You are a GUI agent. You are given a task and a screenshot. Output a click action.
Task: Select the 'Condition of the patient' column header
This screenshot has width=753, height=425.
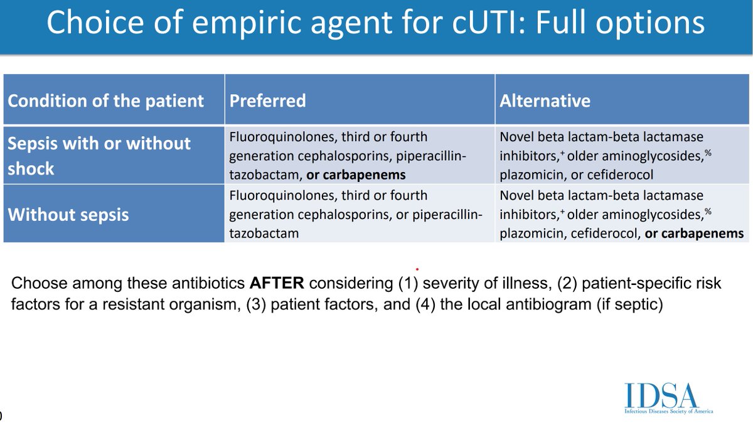pyautogui.click(x=106, y=100)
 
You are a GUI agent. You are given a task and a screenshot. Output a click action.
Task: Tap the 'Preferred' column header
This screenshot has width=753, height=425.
pyautogui.click(x=268, y=100)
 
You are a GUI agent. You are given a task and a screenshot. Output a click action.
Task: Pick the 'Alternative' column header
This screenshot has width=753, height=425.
pyautogui.click(x=545, y=100)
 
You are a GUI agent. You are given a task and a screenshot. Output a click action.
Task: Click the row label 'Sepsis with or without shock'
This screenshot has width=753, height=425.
pyautogui.click(x=99, y=156)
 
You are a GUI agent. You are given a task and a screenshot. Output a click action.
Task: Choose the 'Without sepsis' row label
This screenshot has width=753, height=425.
pyautogui.click(x=68, y=215)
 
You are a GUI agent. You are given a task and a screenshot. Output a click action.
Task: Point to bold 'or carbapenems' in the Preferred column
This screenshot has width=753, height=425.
pyautogui.click(x=356, y=175)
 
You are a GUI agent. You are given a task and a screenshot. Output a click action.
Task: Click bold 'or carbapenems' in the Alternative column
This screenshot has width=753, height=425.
pyautogui.click(x=694, y=234)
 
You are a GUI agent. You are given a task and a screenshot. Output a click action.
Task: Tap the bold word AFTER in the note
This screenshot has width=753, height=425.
pyautogui.click(x=273, y=283)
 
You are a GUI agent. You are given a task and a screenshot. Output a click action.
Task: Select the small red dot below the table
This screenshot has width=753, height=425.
pyautogui.click(x=417, y=268)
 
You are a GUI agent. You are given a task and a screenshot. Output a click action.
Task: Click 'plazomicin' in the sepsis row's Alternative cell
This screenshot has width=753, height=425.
pyautogui.click(x=529, y=175)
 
